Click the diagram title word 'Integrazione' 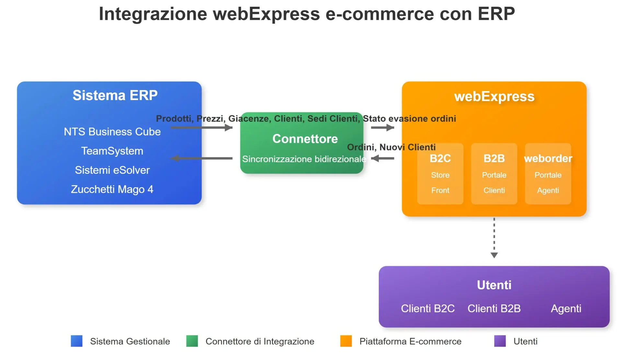click(153, 14)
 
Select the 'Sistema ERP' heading click(115, 96)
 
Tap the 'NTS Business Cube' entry click(112, 132)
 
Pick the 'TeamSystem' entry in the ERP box click(112, 151)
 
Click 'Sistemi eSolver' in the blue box click(112, 170)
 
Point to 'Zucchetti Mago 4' click(112, 189)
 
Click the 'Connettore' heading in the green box click(305, 139)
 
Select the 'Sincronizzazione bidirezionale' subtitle click(304, 159)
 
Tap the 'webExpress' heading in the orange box click(494, 96)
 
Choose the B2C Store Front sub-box click(440, 174)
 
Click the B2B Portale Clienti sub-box click(494, 174)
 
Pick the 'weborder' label click(548, 158)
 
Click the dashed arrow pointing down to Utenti click(494, 238)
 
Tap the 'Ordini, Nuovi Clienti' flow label click(391, 147)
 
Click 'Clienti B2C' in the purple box click(428, 309)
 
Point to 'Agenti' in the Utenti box click(566, 309)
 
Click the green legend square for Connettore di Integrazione click(192, 341)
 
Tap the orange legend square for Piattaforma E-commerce click(346, 341)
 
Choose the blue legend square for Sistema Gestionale click(77, 341)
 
